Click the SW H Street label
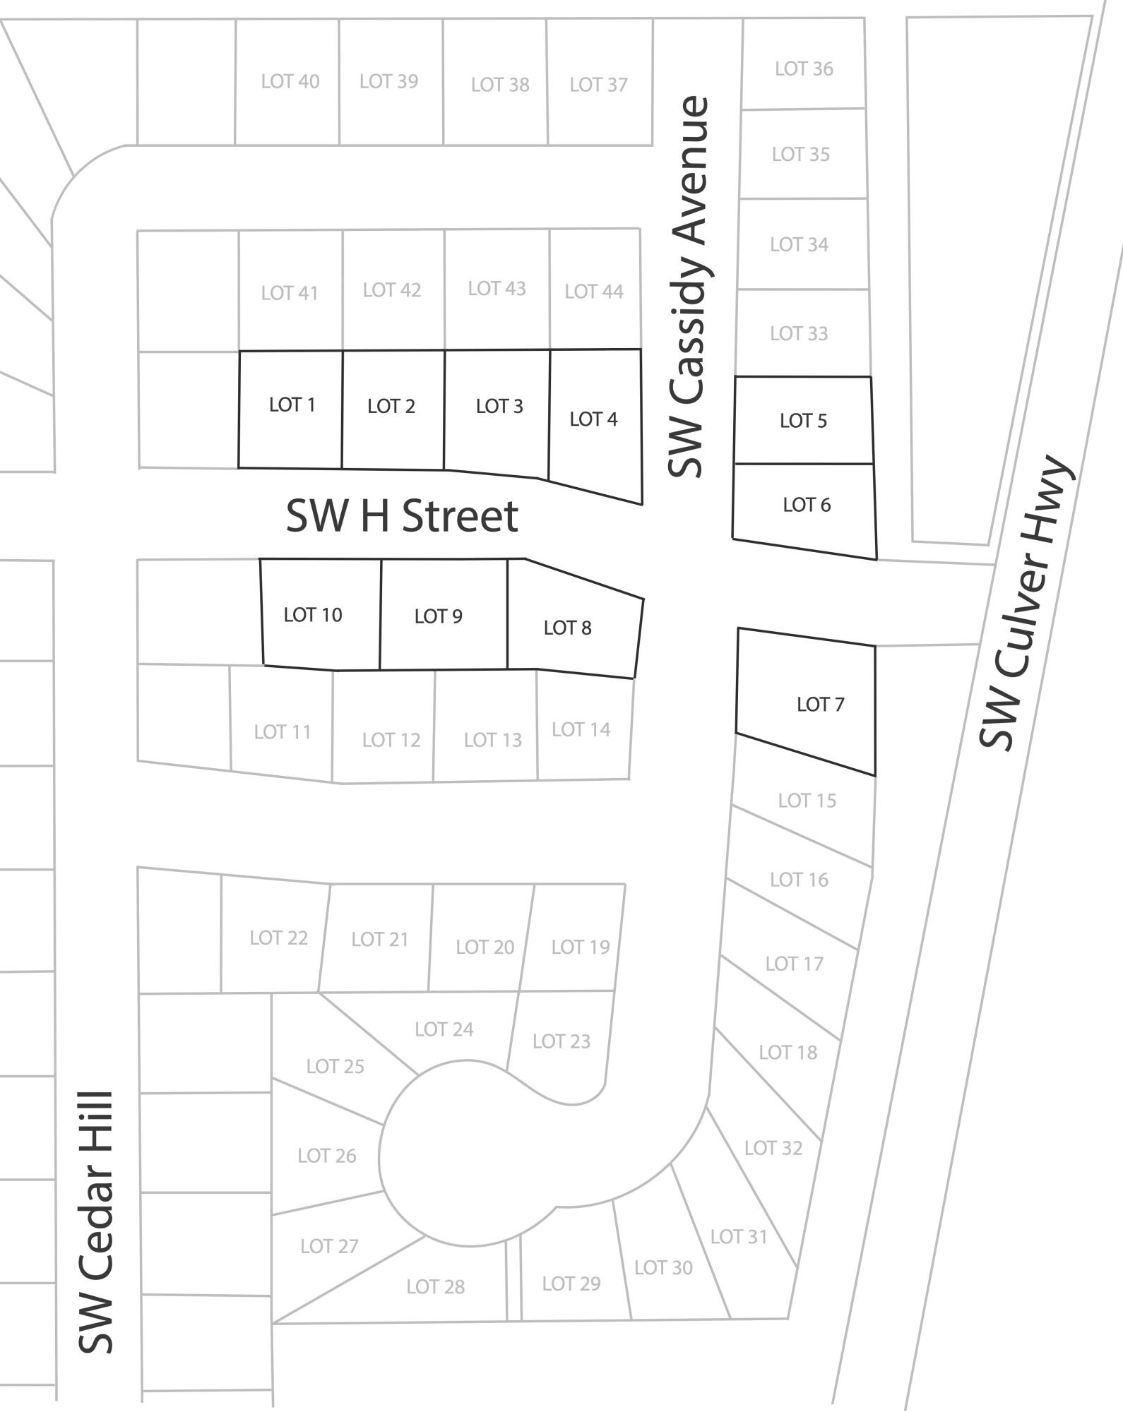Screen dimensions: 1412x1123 coord(402,516)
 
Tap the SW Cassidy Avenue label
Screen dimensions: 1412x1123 coord(687,287)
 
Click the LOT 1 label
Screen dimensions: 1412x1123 coord(292,405)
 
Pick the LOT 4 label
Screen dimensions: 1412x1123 coord(593,419)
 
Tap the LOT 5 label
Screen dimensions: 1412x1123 coord(803,421)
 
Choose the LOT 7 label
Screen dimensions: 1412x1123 coord(820,704)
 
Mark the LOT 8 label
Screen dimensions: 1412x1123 coord(567,628)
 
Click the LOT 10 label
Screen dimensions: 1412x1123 coord(312,615)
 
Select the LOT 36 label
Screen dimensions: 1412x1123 coord(804,68)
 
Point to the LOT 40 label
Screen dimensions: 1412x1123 coord(290,82)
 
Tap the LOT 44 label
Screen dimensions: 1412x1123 coord(593,292)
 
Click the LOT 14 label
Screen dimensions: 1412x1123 coord(581,729)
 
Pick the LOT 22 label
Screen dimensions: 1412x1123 coord(278,938)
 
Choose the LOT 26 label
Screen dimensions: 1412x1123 coord(326,1156)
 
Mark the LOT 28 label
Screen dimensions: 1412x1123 coord(435,1287)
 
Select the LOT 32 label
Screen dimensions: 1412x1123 coord(773,1148)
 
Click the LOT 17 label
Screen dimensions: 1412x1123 coord(794,964)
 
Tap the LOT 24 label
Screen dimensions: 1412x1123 coord(444,1029)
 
